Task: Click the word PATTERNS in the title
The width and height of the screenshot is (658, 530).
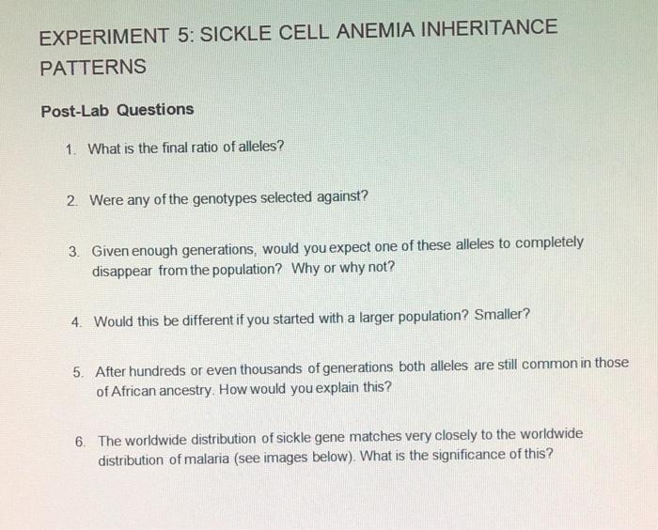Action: tap(93, 68)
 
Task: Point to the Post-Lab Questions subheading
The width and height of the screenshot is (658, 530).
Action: tap(117, 110)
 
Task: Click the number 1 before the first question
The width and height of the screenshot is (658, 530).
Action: tap(70, 148)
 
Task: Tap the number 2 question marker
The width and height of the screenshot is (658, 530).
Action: tap(71, 199)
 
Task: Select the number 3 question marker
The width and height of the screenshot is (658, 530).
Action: tap(73, 252)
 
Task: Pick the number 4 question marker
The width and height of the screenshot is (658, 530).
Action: tap(75, 321)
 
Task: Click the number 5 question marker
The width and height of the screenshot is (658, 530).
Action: tap(78, 371)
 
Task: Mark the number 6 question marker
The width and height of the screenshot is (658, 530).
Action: tap(80, 441)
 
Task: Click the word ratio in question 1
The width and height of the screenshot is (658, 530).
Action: tap(187, 148)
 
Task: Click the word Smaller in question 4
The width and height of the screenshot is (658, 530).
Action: tap(501, 314)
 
